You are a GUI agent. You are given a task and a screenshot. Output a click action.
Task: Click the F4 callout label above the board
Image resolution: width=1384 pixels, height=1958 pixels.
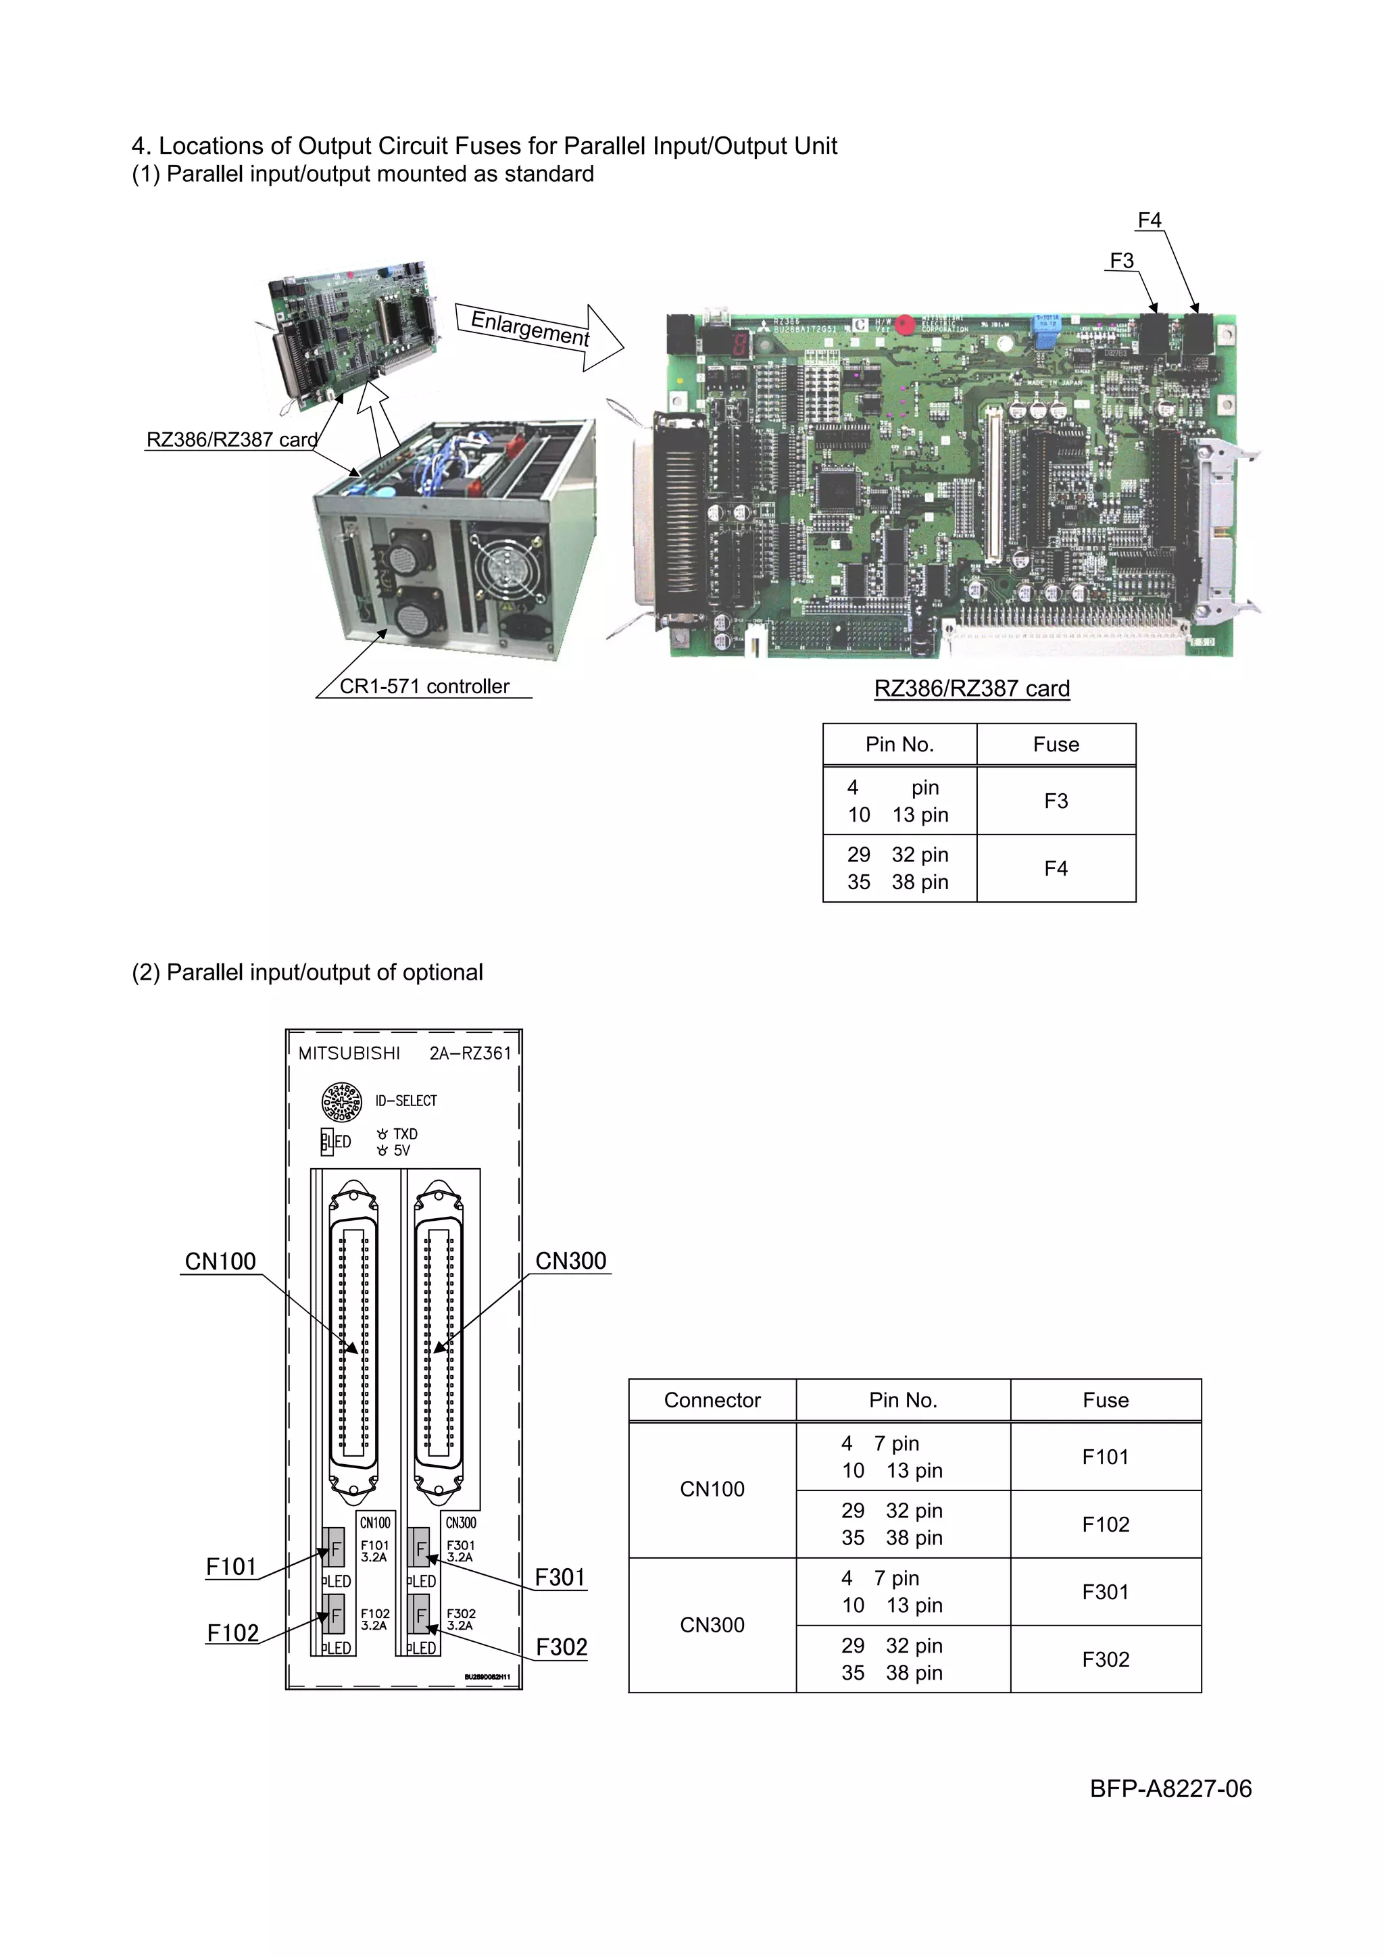coord(1149,220)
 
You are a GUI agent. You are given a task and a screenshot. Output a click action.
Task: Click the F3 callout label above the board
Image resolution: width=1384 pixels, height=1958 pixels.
coord(1121,260)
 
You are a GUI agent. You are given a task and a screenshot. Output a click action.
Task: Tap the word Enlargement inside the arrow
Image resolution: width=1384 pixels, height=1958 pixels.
coord(530,328)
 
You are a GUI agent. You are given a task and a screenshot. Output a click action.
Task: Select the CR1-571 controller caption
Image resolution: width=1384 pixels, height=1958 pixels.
coord(424,686)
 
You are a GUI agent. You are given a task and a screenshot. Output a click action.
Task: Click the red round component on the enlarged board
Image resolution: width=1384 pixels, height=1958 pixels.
coord(906,325)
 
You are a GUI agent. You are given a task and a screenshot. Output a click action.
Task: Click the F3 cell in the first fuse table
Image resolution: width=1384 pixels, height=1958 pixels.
coord(1056,801)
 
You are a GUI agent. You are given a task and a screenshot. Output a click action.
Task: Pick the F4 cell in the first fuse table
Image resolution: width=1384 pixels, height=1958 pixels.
coord(1056,868)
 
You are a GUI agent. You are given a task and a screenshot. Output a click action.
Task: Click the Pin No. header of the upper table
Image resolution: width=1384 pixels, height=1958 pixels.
coord(899,745)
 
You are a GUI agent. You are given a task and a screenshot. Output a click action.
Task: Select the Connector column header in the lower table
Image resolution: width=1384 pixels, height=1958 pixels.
coord(712,1401)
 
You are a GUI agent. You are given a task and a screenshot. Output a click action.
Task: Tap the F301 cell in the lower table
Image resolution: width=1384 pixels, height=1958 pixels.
coord(1105,1592)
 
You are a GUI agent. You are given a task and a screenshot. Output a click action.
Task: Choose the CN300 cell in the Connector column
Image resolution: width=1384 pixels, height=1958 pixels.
coord(712,1626)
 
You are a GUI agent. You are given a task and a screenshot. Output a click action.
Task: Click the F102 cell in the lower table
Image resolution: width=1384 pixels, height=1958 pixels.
coord(1105,1525)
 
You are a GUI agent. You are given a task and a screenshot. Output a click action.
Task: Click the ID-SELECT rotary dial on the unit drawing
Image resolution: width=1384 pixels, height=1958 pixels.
coord(341,1102)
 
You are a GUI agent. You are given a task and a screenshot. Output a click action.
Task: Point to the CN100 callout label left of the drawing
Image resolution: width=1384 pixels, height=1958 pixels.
coord(220,1262)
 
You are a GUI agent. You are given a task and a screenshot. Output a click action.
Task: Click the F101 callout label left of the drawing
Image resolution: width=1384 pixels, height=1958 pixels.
coord(231,1567)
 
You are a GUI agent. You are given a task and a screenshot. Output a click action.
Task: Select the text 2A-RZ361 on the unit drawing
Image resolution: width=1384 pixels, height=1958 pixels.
coord(470,1054)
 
